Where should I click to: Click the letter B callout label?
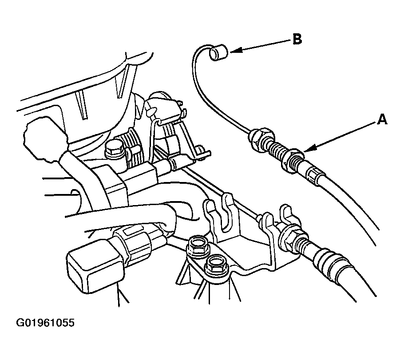tap(297, 40)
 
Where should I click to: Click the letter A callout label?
tap(382, 119)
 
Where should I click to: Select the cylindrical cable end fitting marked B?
tap(218, 52)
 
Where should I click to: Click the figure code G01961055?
tap(45, 323)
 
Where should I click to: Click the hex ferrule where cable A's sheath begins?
tap(314, 175)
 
